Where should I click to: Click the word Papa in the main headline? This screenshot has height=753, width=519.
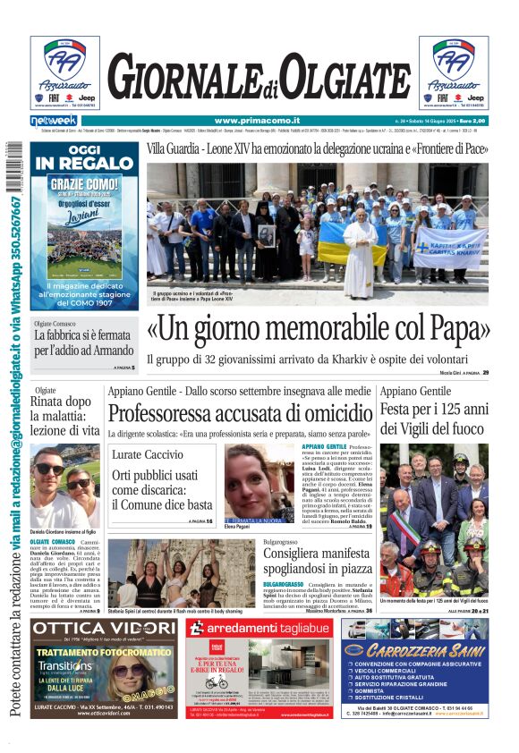[x=455, y=331]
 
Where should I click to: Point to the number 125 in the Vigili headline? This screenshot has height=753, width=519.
[x=458, y=410]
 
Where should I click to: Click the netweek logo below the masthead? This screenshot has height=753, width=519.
[x=53, y=120]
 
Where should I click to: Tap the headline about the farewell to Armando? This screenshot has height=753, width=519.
[x=83, y=343]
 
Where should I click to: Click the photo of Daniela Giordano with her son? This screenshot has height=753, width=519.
[x=65, y=486]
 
